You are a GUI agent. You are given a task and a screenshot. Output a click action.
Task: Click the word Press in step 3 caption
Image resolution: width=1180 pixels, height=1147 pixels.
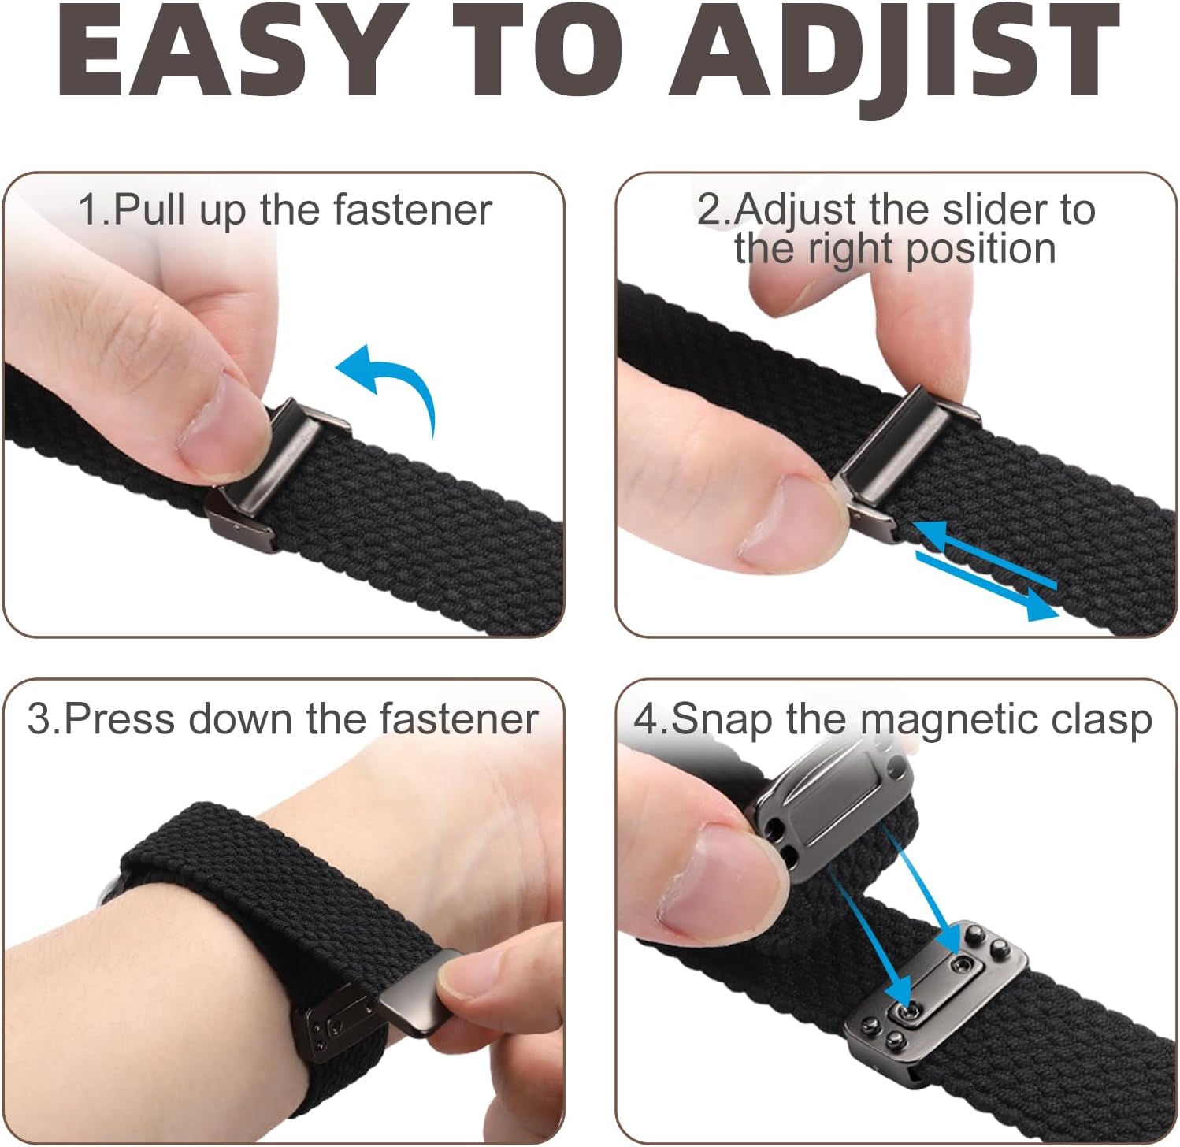pos(119,719)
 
